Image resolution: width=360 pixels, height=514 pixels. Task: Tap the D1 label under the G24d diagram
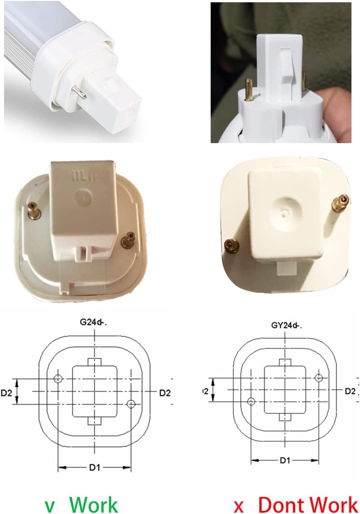(94, 467)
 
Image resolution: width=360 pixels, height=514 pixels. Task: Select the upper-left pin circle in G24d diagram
(58, 379)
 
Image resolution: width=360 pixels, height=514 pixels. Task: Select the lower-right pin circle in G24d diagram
(131, 404)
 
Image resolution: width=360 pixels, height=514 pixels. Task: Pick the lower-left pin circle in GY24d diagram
(251, 402)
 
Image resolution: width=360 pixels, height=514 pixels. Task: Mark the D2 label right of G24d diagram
(165, 392)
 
